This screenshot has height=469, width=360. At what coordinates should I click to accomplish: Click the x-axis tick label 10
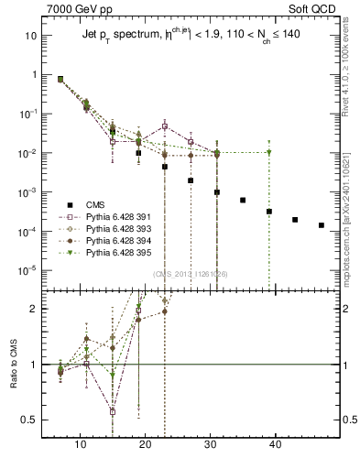pyautogui.click(x=80, y=444)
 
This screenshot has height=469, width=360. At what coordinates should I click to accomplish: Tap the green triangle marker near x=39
pyautogui.click(x=269, y=152)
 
